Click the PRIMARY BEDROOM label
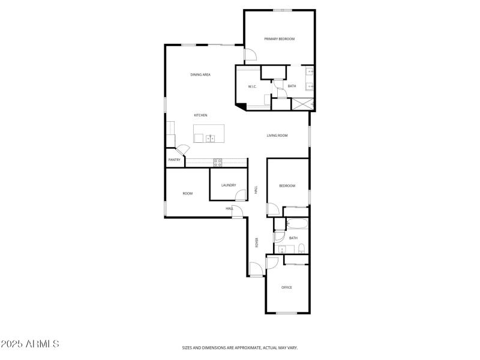coord(280,39)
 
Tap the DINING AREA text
coord(200,75)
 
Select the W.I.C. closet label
coord(253,87)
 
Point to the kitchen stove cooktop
coord(218,161)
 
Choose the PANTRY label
coord(174,160)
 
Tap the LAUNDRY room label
coord(228,185)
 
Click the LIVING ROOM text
coord(277,136)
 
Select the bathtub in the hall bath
coord(298,224)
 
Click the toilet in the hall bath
coord(302,249)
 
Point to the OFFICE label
coord(287,287)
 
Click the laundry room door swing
coord(241,195)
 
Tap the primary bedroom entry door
coord(250,55)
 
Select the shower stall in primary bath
coord(303,103)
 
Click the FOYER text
coord(257,243)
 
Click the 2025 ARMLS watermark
coord(30,344)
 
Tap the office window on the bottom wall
coord(287,313)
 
